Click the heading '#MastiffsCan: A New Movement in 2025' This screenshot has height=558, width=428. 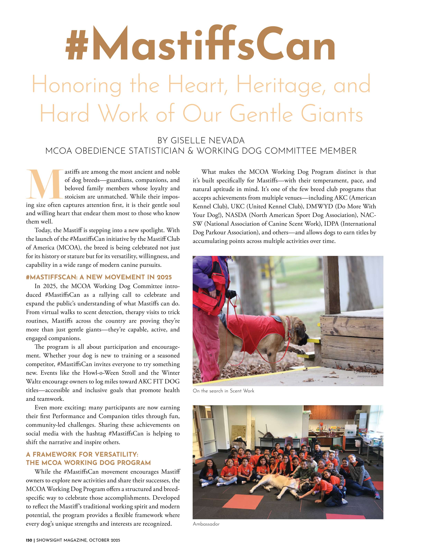click(99, 277)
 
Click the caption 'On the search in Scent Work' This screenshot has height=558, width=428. click(223, 391)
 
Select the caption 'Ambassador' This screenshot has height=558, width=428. click(206, 524)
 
